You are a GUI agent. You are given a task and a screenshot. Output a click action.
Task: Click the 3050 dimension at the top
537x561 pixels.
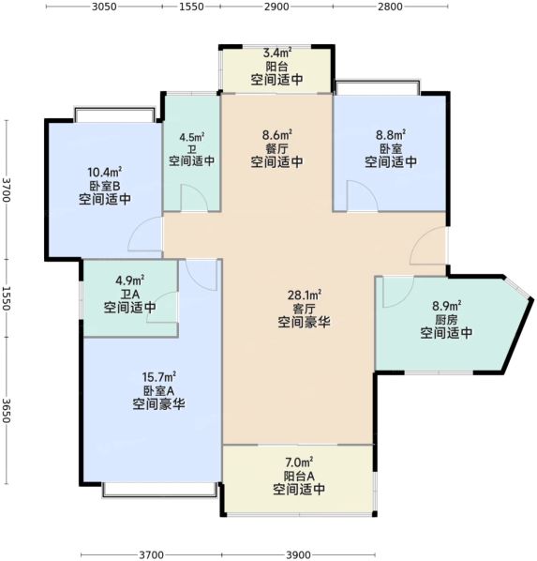pos(104,7)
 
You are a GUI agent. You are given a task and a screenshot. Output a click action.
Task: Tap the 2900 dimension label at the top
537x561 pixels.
pos(276,7)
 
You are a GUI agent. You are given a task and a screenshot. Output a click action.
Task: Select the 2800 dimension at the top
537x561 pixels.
pos(390,7)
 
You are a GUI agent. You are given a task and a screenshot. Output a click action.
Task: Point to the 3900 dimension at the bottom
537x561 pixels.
pos(299,555)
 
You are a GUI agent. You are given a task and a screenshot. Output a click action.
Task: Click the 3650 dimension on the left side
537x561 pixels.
pos(7,411)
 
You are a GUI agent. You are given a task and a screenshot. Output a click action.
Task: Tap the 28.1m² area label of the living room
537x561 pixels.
pos(305,296)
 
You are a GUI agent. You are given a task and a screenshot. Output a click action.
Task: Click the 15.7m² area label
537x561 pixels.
pos(158,377)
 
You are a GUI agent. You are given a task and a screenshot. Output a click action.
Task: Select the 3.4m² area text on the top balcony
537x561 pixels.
pos(277,53)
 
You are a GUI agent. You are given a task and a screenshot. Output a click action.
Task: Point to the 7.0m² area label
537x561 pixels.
pos(299,462)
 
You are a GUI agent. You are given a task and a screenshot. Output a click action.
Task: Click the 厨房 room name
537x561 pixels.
pos(446,319)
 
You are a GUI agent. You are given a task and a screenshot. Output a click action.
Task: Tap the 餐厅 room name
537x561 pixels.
pos(277,148)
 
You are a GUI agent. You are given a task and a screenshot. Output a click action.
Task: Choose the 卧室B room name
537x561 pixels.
pos(105,186)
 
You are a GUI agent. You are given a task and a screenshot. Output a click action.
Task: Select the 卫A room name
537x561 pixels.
pos(129,294)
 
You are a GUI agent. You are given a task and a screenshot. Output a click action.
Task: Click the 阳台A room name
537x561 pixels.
pos(299,476)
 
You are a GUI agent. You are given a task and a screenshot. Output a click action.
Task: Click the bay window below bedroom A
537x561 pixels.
pos(160,490)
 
